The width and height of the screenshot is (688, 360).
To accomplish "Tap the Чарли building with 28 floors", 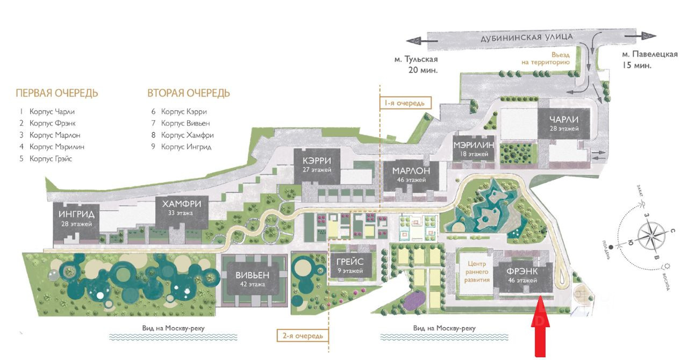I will [x=564, y=124].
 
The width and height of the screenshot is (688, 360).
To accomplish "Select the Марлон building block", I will [x=411, y=175].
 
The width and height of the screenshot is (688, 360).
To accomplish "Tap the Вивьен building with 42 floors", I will [x=252, y=279].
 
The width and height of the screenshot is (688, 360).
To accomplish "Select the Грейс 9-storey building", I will [x=350, y=266].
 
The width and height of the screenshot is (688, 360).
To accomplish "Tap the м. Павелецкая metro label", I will [x=649, y=59].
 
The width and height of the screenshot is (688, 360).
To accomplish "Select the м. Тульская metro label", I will [x=415, y=64].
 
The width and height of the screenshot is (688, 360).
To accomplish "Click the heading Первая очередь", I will [x=57, y=93].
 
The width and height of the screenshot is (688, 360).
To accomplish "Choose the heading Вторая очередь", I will [x=189, y=93].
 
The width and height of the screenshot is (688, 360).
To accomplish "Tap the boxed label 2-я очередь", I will [x=303, y=336].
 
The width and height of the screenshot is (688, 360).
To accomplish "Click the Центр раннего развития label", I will [x=477, y=272].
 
